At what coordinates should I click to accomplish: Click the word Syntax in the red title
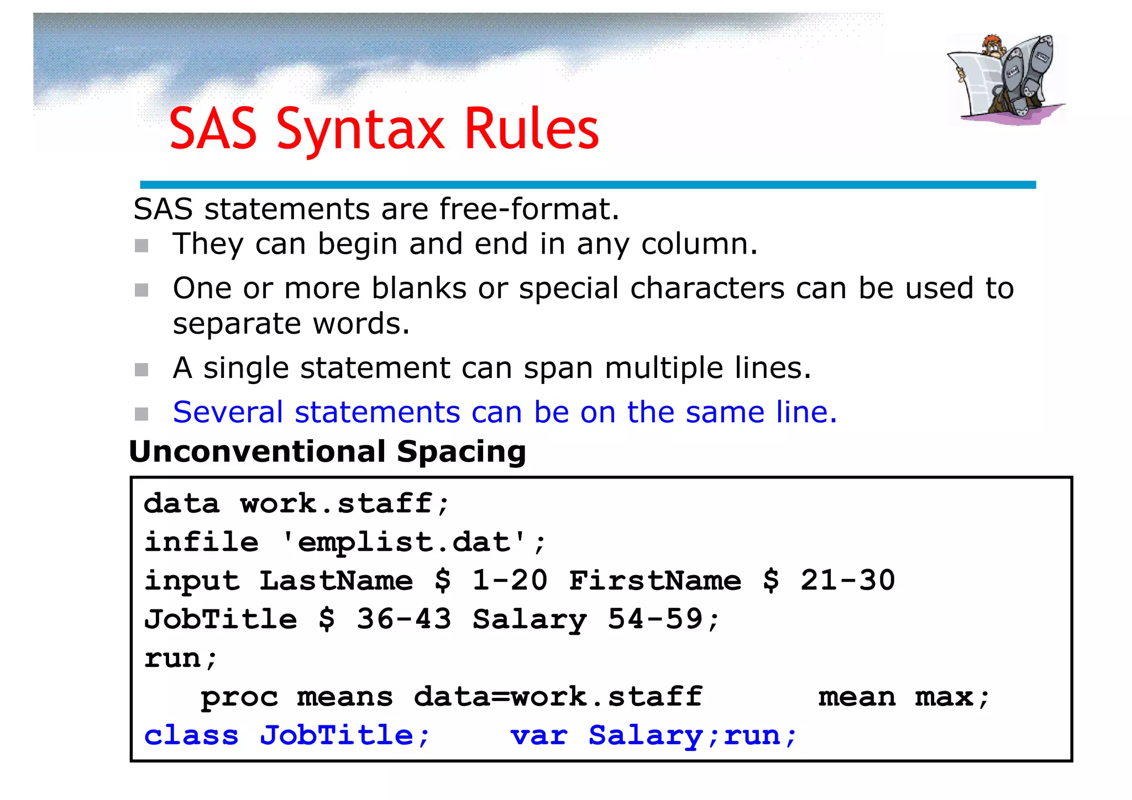360,130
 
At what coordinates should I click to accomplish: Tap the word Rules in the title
532,129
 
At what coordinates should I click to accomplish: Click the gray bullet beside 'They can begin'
141,245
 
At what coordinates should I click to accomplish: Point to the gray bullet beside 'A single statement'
141,370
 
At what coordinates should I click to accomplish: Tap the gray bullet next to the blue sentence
141,414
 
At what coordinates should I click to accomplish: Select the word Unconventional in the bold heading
257,452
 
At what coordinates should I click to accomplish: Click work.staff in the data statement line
336,504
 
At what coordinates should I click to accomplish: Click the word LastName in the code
336,581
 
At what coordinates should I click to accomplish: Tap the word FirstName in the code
655,581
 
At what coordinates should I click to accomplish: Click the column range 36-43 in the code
404,619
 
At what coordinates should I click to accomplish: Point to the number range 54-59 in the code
656,619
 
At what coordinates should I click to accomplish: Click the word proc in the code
239,697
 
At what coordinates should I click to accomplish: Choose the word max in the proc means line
944,697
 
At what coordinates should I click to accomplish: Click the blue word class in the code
191,736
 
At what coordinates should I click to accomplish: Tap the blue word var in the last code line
539,736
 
